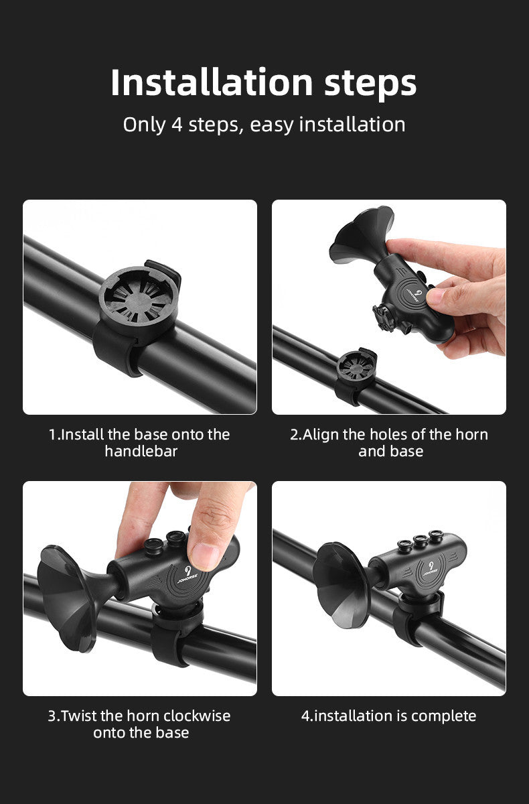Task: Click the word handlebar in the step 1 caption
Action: click(x=141, y=452)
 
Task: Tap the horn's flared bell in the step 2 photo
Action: click(x=359, y=235)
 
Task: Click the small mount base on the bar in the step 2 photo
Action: click(x=356, y=367)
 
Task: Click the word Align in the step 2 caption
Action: click(x=322, y=434)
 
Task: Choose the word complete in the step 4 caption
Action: click(x=444, y=716)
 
